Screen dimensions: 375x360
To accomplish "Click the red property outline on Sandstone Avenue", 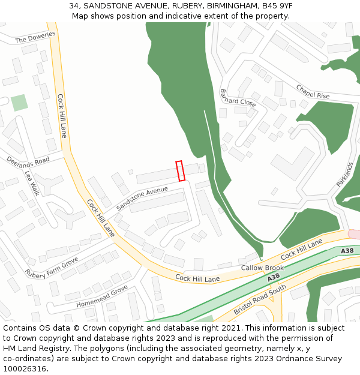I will coord(180,170).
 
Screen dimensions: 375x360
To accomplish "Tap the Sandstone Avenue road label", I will coord(142,198).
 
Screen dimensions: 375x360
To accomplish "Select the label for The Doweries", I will coord(35,37).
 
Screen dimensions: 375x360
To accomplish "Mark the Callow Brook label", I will coord(262,268).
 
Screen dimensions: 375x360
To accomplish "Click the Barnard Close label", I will coord(238,98).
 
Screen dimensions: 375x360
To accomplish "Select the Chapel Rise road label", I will coord(313,92).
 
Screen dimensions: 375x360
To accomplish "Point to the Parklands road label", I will coord(345,174).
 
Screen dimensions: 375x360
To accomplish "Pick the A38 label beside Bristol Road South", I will coord(273,277).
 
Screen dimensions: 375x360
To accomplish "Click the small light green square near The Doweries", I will coord(19,102).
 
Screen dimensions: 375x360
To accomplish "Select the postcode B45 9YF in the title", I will coord(275,5).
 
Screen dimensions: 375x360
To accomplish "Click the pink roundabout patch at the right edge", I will coord(355,234).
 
